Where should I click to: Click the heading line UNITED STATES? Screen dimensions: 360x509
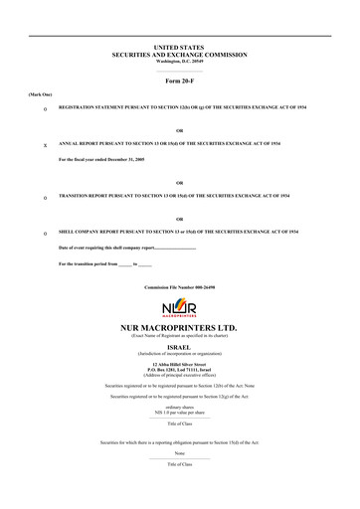180,46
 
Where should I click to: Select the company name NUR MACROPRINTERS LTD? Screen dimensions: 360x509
180,327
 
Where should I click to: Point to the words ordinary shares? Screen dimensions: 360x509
180,408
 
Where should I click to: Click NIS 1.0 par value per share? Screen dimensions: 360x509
180,414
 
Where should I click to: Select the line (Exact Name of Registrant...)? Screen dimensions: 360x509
180,335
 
